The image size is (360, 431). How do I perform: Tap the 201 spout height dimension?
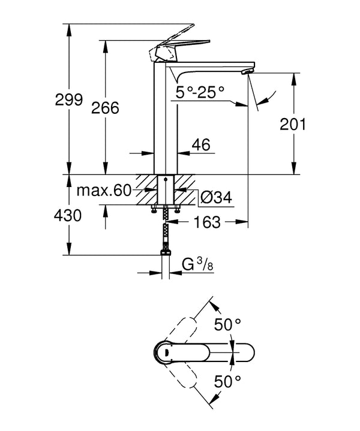tap(294, 125)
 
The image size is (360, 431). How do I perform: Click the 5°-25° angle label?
tap(200, 92)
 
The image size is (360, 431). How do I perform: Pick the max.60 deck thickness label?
tap(104, 191)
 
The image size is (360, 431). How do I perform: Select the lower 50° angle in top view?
tap(229, 380)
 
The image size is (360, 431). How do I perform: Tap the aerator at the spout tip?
tap(244, 71)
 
